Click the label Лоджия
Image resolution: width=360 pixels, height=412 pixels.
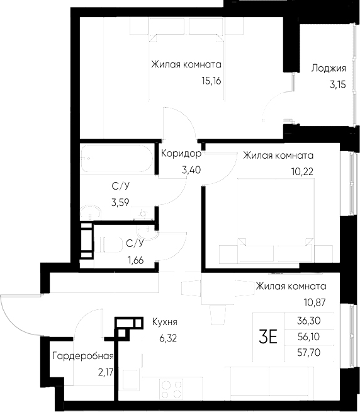tap(329, 69)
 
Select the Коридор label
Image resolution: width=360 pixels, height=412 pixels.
tap(181, 153)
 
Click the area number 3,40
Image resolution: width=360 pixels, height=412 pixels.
tap(191, 169)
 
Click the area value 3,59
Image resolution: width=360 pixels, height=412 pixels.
tap(121, 202)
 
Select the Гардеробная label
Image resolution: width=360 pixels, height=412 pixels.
tap(82, 356)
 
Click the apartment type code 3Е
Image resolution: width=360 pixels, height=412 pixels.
tap(268, 337)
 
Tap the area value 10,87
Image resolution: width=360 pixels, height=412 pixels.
tap(321, 302)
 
